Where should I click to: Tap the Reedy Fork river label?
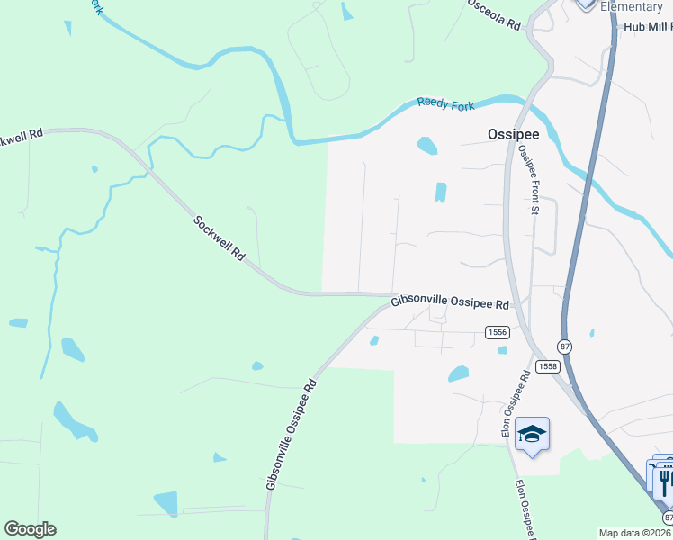(x=445, y=104)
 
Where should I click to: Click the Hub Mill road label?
(x=647, y=28)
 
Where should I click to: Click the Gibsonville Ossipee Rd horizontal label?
(x=451, y=304)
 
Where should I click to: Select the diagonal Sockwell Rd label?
(x=219, y=238)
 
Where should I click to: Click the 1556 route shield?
(x=498, y=332)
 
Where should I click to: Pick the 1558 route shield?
(x=547, y=366)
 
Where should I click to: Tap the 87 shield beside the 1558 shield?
(x=564, y=346)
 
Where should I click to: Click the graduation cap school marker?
(x=533, y=435)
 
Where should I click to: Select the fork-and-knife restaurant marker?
(x=664, y=478)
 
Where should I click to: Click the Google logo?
(x=30, y=529)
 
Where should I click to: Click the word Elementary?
(x=631, y=7)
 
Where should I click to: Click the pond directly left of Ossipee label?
(x=427, y=145)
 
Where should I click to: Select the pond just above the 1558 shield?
(x=459, y=373)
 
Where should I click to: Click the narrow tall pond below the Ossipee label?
(x=441, y=193)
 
